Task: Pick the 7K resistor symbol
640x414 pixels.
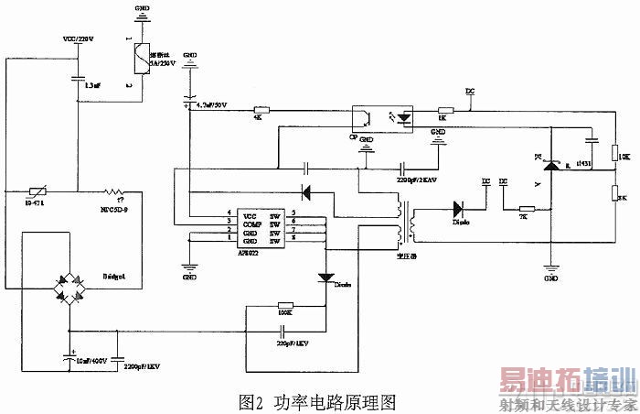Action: tap(527, 208)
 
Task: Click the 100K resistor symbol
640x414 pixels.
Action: tap(285, 306)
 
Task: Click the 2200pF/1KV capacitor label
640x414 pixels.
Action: tap(141, 366)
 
